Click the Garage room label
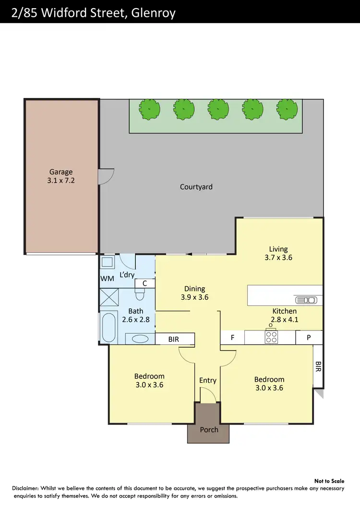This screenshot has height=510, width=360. coord(61,171)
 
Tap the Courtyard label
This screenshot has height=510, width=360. coord(196,187)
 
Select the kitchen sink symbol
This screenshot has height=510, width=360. coord(307,300)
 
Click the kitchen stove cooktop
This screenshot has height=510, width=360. coord(271,337)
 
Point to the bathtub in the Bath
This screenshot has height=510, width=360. coord(109,327)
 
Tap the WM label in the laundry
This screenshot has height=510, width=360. coord(107,279)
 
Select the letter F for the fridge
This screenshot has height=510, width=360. coord(232,338)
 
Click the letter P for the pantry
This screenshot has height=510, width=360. coord(309,338)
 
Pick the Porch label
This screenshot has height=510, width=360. coord(209,429)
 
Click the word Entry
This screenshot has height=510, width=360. coord(208,380)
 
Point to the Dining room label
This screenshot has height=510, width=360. coord(194,289)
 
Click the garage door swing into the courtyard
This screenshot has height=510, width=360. coord(107,176)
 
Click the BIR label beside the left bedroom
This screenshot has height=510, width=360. coord(174,340)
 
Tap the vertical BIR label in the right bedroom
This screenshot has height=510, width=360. coord(318,367)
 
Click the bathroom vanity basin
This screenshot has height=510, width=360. coord(140,339)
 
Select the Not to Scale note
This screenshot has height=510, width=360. coord(330,481)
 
